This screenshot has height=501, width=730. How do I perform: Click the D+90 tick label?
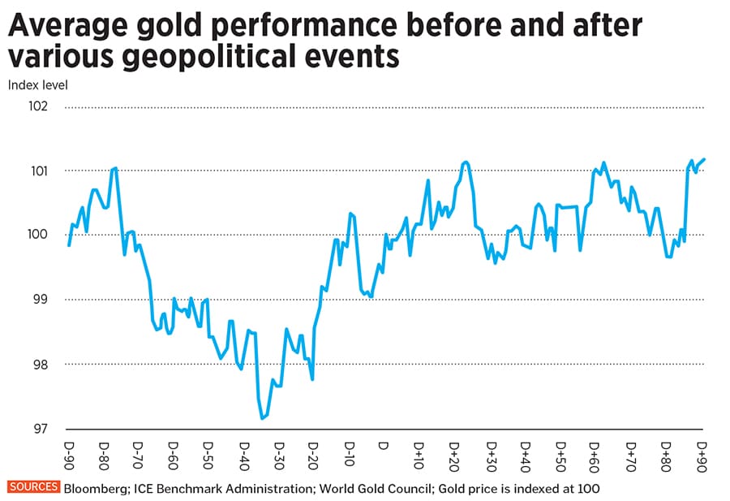pos(702,454)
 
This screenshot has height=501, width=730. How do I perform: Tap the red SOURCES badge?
pos(33,488)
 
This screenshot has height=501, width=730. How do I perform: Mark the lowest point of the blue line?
pos(262,418)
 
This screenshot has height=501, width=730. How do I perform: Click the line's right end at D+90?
pos(704,159)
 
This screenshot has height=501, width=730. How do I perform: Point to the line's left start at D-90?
pos(69,245)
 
